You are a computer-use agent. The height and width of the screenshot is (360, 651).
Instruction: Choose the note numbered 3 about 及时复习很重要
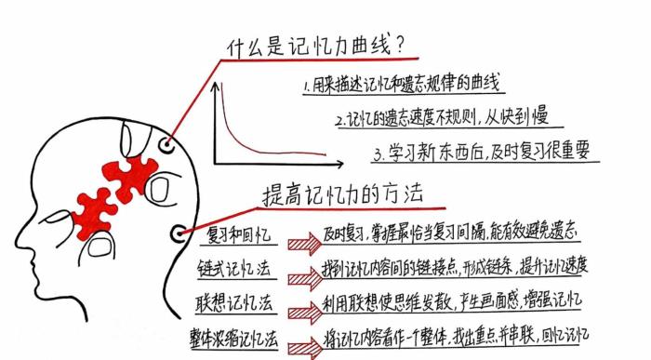[x=480, y=152]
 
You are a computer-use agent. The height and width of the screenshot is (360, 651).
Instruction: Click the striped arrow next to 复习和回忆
[x=303, y=245]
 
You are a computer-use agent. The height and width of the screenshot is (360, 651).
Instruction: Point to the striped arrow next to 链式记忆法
[x=303, y=278]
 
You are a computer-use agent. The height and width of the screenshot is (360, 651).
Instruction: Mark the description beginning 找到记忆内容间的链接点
[x=455, y=267]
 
